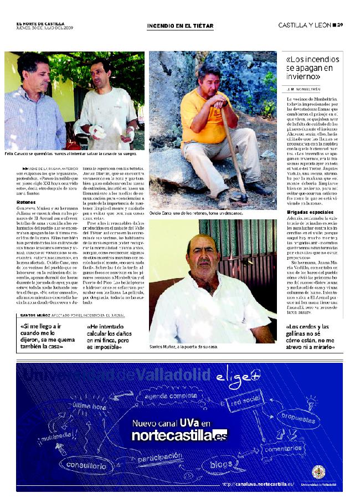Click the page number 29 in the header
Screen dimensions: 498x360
click(341, 25)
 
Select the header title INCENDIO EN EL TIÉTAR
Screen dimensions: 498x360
click(177, 25)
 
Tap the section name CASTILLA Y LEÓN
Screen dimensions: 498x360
click(305, 25)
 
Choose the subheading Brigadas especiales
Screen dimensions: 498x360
click(307, 212)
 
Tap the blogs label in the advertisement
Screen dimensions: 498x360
click(222, 465)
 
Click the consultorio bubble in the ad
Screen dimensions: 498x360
click(86, 466)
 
